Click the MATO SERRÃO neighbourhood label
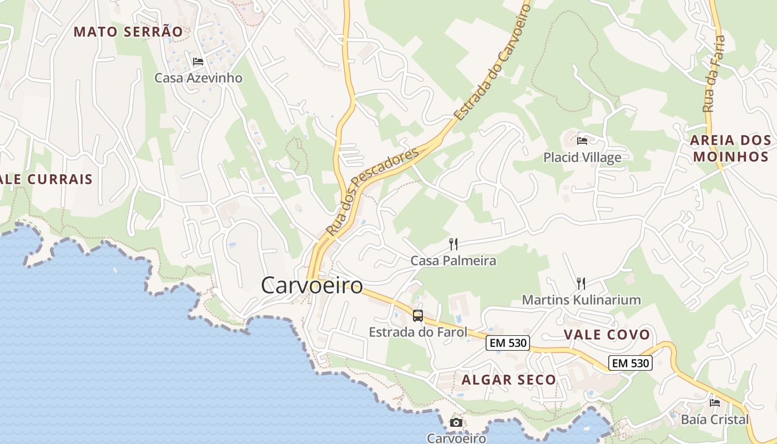tap(128, 32)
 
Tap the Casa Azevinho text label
tap(198, 78)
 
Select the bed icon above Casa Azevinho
tap(198, 62)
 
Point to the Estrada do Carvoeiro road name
tap(491, 61)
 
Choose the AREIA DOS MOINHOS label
tap(730, 148)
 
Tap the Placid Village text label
tap(582, 158)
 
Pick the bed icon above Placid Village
tap(582, 141)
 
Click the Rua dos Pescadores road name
tap(372, 191)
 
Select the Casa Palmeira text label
tap(453, 260)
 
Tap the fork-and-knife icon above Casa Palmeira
tap(453, 244)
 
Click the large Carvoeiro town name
tap(312, 286)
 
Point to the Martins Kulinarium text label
tap(581, 300)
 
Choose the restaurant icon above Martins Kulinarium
tap(581, 284)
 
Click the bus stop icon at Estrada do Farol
tap(418, 316)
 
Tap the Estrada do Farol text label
tap(418, 332)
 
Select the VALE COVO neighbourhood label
tap(607, 335)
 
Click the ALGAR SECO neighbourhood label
tap(508, 380)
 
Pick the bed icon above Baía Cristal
tap(715, 403)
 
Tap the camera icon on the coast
tap(456, 423)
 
